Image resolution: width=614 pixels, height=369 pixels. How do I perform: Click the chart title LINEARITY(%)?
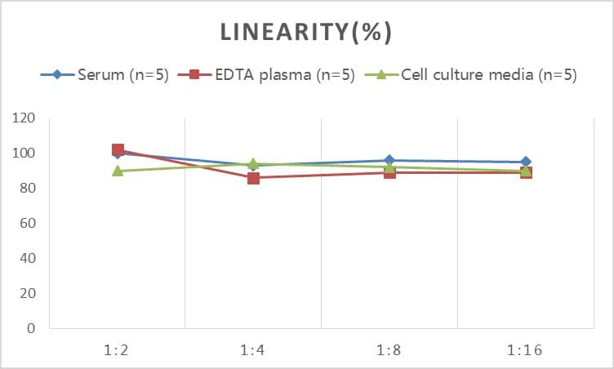306,33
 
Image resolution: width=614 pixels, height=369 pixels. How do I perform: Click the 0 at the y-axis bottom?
32,328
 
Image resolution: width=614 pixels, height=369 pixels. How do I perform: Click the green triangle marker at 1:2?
118,171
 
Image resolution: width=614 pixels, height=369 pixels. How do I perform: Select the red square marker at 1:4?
253,178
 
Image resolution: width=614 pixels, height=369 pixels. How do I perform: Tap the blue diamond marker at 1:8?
389,161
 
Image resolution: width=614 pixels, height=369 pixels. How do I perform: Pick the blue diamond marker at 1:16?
525,162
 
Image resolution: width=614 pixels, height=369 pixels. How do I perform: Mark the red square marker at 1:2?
118,150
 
